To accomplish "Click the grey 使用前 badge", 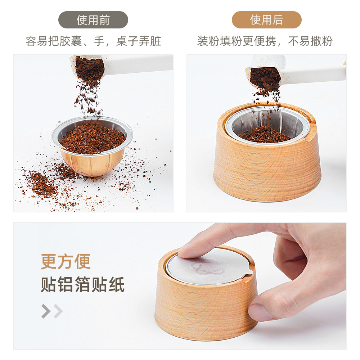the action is click(x=93, y=20).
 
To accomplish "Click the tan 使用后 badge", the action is click(x=266, y=20).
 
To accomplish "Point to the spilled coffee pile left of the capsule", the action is click(x=42, y=184).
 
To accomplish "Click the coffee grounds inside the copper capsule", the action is click(x=92, y=139).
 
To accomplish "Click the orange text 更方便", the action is click(x=66, y=261).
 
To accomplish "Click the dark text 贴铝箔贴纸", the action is click(x=83, y=284).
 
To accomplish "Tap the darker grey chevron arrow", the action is click(x=46, y=311).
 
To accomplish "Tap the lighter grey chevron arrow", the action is click(x=58, y=311).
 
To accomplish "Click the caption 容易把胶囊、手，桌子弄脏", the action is click(x=93, y=41).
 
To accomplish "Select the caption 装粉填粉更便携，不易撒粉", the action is click(x=265, y=41).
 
